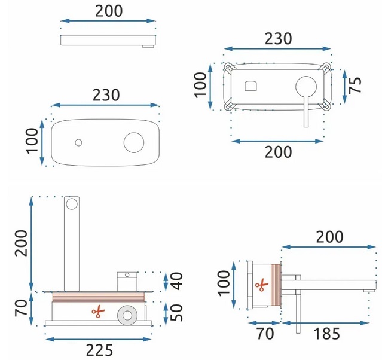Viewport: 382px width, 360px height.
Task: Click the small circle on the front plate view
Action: click(78, 142)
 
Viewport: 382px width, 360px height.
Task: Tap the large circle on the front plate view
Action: click(133, 142)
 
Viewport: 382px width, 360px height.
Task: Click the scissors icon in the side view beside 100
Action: click(261, 285)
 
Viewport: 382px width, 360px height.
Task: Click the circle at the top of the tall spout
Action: click(72, 205)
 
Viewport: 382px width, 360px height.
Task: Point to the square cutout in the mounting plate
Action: click(251, 86)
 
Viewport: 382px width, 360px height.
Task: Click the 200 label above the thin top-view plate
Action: click(108, 10)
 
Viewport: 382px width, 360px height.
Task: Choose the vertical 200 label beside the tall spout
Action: click(22, 242)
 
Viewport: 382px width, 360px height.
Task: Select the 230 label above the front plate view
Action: click(106, 95)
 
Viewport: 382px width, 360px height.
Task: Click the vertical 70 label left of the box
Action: click(22, 309)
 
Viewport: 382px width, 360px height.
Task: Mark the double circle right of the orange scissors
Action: click(127, 315)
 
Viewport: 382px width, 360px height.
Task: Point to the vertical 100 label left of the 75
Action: click(202, 86)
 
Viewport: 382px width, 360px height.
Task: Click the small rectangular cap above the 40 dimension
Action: click(126, 275)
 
